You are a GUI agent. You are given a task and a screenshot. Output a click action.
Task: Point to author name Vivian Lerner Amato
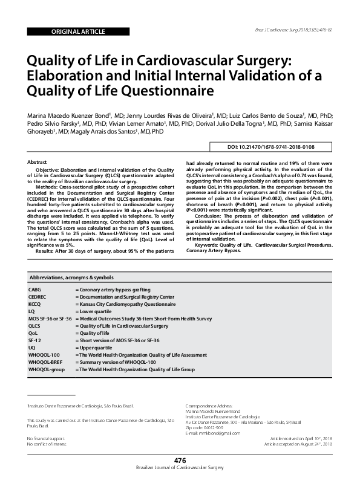click(140, 123)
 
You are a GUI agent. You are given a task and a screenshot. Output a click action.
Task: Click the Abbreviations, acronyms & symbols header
click(71, 277)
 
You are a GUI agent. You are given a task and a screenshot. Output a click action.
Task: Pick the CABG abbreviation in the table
click(35, 290)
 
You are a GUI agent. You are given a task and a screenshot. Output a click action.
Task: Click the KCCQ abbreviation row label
click(35, 304)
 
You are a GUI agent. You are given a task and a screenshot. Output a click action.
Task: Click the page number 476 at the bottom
click(180, 461)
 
